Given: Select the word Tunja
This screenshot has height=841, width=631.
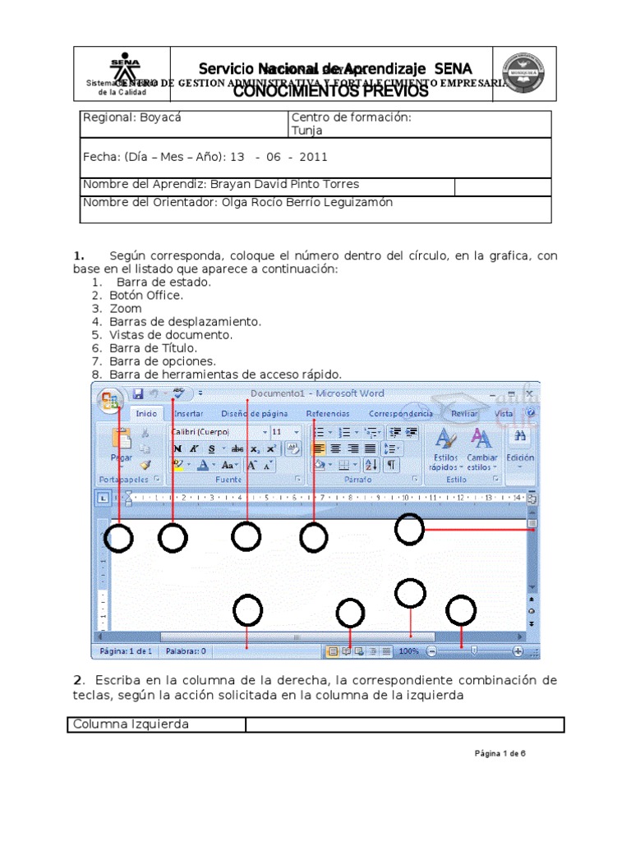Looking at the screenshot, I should [x=307, y=131].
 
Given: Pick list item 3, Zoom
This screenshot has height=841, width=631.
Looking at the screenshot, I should [x=120, y=309].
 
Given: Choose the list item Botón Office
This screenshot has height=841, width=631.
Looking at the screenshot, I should [x=146, y=296].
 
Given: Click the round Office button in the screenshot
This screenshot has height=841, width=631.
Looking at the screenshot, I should [x=109, y=400].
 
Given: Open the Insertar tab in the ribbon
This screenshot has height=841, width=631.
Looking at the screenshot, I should [x=189, y=414].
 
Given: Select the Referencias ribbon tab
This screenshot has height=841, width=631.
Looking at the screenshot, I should [x=328, y=414].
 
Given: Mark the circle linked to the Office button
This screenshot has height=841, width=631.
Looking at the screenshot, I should [x=120, y=539].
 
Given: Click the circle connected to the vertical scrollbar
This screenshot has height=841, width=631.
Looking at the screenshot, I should [x=409, y=529].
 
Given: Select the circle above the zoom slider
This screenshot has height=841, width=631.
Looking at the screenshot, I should [x=461, y=610].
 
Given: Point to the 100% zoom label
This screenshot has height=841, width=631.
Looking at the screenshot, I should [x=409, y=651].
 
